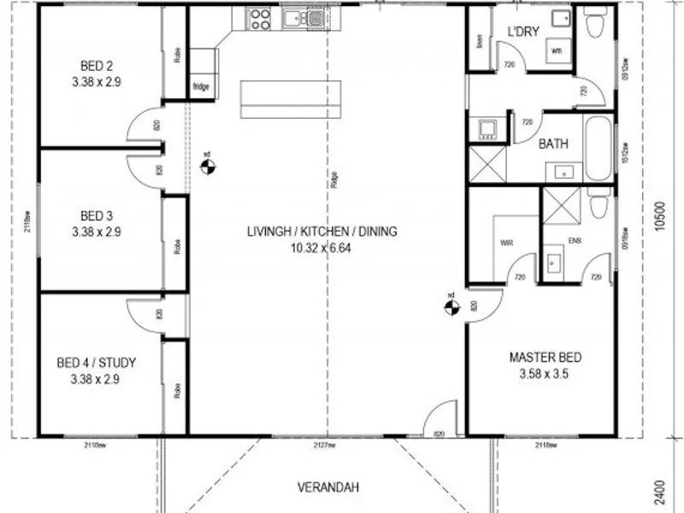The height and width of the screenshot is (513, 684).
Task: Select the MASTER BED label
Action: click(x=539, y=357)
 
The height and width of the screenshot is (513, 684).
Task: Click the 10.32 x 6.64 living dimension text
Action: click(x=321, y=249)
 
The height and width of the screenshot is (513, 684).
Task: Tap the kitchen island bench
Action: click(x=291, y=97)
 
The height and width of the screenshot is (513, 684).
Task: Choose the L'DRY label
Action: click(x=522, y=32)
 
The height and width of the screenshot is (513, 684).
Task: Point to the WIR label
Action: click(x=505, y=243)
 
